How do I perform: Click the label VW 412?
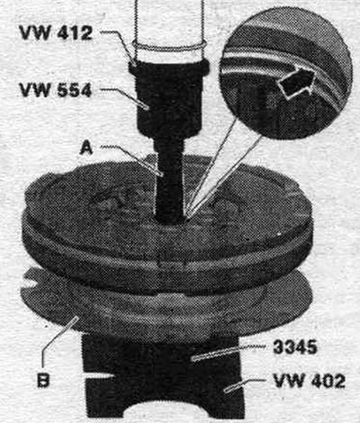click(56, 32)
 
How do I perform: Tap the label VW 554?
click(56, 89)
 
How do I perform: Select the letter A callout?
click(86, 148)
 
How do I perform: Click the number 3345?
click(295, 347)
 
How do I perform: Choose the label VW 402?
click(310, 381)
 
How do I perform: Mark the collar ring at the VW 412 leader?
click(169, 68)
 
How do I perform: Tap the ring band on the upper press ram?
click(169, 48)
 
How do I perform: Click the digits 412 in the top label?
click(75, 32)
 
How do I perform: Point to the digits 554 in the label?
click(75, 89)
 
